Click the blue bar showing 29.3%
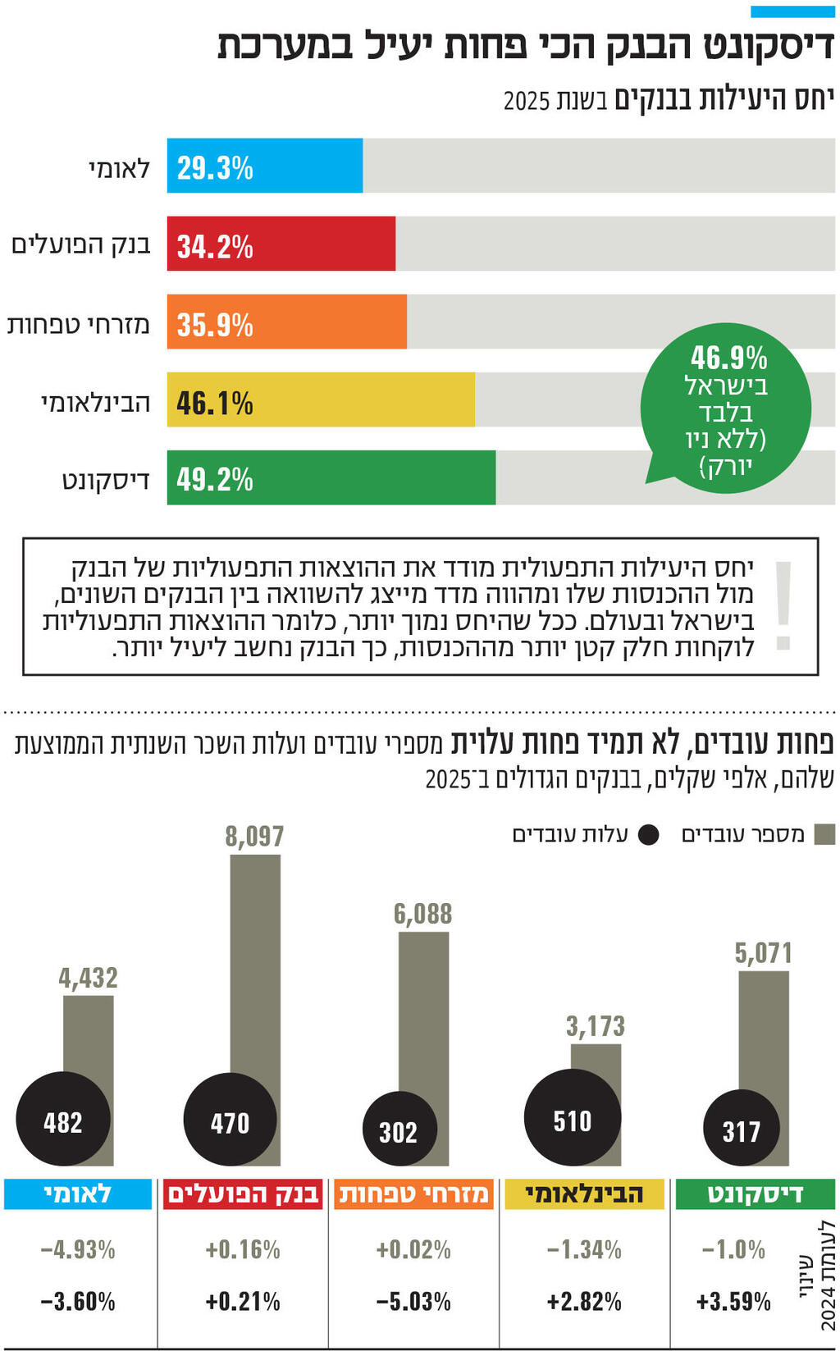[264, 167]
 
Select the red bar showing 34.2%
[281, 244]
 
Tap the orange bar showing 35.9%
[286, 322]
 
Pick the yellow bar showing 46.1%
[320, 400]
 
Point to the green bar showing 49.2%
[331, 478]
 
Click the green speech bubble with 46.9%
[726, 409]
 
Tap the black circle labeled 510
[572, 1119]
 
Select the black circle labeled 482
[63, 1121]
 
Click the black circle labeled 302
[399, 1131]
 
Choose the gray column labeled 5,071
[764, 1034]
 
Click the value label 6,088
[422, 914]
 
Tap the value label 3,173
[595, 1026]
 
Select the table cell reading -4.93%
[78, 1249]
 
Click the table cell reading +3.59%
[733, 1301]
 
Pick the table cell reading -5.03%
[413, 1301]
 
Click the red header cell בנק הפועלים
[243, 1194]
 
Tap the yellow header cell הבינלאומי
[584, 1194]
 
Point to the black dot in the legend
[648, 835]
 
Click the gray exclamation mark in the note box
[783, 605]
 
